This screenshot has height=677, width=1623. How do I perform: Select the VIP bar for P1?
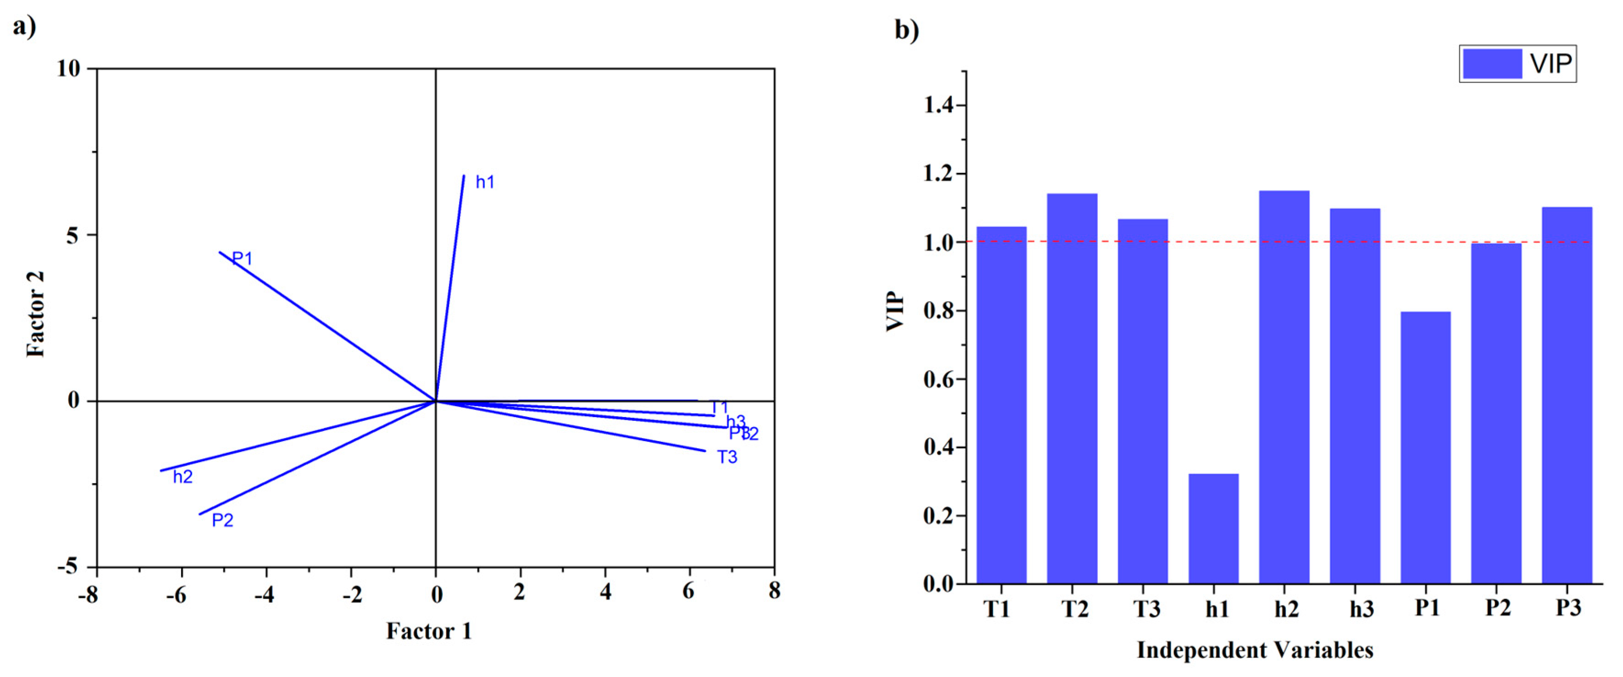point(1425,447)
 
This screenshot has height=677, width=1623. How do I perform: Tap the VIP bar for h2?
point(1284,387)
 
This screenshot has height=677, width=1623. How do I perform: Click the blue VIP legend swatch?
point(1491,64)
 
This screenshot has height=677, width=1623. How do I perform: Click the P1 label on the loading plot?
point(243,258)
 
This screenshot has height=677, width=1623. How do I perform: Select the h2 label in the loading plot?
point(183,477)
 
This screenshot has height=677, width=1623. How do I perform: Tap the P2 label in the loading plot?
point(222,520)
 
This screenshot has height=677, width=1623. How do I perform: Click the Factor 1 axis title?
point(429,631)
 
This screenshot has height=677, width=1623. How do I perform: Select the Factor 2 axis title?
point(36,314)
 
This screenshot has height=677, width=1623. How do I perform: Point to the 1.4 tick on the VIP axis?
point(938,105)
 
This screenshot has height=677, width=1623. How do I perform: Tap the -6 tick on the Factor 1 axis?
point(177,594)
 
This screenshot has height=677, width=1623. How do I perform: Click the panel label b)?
point(907,30)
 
